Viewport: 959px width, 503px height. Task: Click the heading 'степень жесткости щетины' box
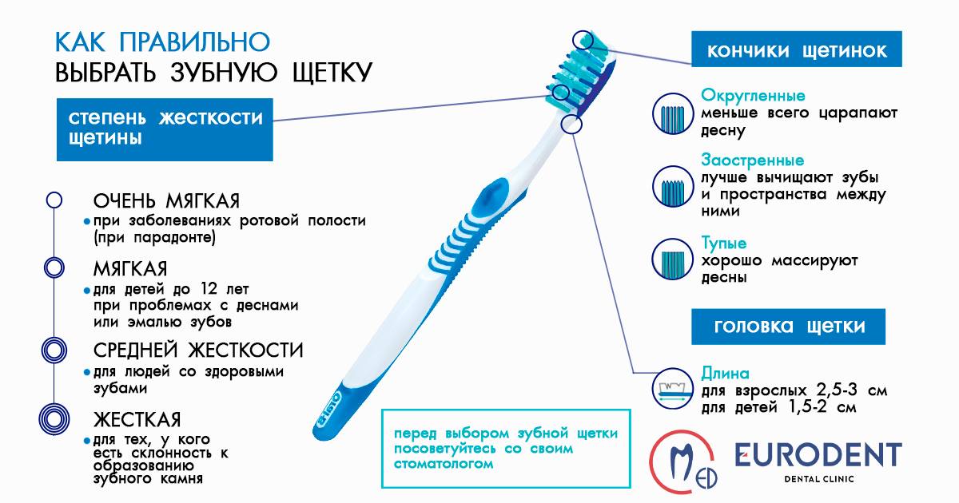click(165, 129)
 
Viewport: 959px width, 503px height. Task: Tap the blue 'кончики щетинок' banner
click(796, 49)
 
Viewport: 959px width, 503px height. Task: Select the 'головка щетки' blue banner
click(788, 327)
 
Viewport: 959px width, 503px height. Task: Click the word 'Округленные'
click(753, 96)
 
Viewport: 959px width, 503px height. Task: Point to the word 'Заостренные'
click(752, 160)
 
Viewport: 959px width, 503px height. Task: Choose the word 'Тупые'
click(723, 243)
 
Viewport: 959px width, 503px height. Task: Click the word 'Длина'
click(725, 374)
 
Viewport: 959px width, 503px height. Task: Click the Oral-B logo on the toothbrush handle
click(329, 410)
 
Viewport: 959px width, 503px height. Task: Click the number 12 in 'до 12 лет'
click(209, 289)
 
